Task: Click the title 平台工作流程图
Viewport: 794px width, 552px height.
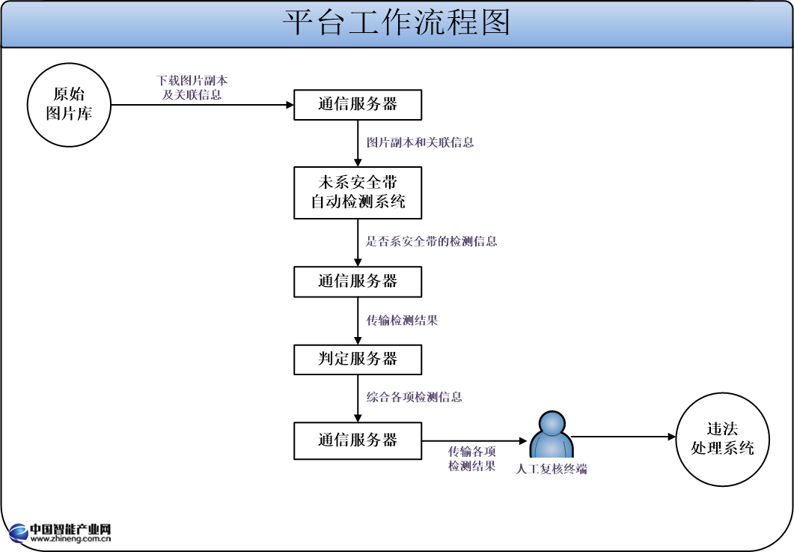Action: (397, 23)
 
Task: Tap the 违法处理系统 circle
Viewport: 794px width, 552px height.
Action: (722, 439)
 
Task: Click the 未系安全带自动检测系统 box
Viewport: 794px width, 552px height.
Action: (358, 192)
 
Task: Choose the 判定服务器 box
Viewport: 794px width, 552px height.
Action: (358, 360)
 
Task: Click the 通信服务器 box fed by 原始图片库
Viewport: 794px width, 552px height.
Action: (358, 105)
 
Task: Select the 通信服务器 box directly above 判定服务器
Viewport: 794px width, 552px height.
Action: (358, 282)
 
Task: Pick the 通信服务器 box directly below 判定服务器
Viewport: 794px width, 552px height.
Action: (358, 440)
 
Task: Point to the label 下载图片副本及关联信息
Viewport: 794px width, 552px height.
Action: (192, 88)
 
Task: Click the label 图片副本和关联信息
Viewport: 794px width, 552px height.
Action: (420, 142)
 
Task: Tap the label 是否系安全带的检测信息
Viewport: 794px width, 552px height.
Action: (431, 241)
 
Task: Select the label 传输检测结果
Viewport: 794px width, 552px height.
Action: (401, 321)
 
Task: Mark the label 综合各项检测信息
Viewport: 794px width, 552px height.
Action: (414, 397)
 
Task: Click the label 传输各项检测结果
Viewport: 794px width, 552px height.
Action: (471, 458)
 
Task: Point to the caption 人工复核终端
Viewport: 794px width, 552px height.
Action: (552, 470)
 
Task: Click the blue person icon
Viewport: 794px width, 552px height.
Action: (552, 436)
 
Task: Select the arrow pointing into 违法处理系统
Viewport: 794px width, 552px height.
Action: (624, 437)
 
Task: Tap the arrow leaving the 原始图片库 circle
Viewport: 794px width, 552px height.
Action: (202, 105)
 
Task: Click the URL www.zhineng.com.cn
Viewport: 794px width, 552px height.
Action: (71, 537)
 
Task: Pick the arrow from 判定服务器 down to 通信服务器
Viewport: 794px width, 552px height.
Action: (358, 398)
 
